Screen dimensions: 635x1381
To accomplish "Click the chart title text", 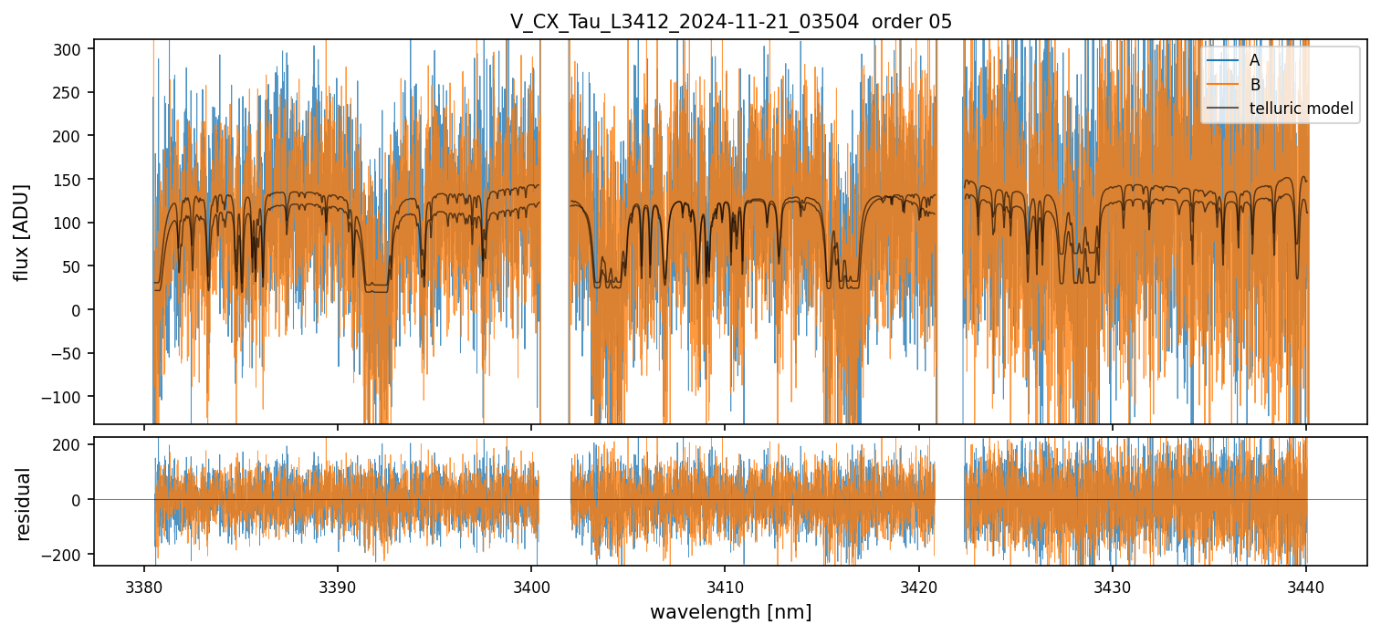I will pos(730,21).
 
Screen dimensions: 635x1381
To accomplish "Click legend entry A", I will pos(1254,60).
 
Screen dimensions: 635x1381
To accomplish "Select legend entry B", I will pos(1255,85).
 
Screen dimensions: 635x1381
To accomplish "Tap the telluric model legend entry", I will pos(1301,109).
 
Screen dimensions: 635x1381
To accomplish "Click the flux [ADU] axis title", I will pos(22,232).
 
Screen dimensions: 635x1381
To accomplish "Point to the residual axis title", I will pos(24,504).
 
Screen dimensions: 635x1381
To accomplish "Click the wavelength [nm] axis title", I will pos(730,612).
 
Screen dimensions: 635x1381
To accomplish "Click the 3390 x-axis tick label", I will pos(338,585).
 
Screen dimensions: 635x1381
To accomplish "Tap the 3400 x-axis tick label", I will pos(531,585).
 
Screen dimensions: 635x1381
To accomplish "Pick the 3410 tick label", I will pos(725,585).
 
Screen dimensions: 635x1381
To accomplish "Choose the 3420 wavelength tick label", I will pos(918,585).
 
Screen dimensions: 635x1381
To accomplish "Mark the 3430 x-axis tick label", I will pos(1112,585).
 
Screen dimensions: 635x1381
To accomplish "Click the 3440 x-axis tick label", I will pos(1306,585).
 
